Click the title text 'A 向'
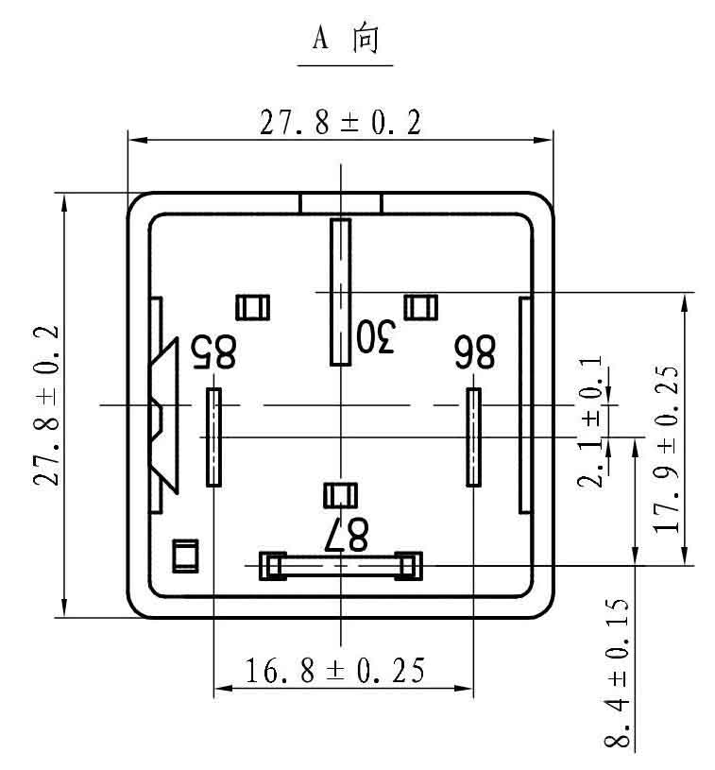346,38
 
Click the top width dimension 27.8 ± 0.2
340,123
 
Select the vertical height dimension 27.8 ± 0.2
46,405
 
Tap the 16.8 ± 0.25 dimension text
335,670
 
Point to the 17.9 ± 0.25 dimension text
667,450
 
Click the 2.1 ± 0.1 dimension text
589,421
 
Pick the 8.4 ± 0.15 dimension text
617,673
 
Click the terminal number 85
213,351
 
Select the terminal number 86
474,351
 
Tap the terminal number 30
376,336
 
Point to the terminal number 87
347,535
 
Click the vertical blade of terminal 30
340,292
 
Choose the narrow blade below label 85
213,437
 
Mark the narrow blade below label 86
473,437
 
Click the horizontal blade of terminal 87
340,566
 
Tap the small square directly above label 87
340,495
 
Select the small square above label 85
252,307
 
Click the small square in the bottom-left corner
185,556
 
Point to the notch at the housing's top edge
341,203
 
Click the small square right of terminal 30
421,307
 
